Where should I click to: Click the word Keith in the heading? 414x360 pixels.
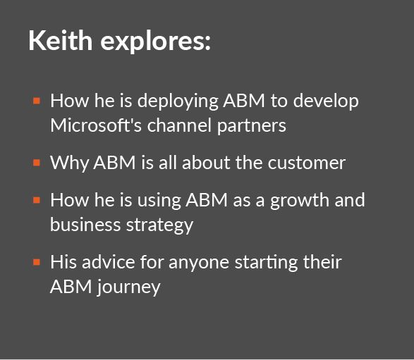(61, 40)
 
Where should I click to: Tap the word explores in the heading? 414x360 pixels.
(155, 42)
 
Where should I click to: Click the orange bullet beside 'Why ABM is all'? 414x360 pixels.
(37, 163)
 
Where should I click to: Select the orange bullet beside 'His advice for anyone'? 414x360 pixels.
(37, 262)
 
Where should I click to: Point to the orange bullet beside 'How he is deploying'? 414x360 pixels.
(37, 101)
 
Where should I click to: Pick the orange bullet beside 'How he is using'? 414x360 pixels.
(37, 201)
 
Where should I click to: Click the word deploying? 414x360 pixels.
(178, 101)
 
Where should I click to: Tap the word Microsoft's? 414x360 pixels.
(96, 125)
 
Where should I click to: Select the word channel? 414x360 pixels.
(179, 125)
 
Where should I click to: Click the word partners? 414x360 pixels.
(252, 126)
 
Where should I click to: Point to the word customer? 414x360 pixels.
(307, 163)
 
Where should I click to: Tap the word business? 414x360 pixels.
(85, 225)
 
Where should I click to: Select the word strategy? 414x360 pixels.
(159, 226)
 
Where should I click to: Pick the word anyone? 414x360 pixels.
(199, 263)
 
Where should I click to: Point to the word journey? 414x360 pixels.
(128, 287)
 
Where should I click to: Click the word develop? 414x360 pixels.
(326, 101)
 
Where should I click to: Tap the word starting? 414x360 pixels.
(266, 263)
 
